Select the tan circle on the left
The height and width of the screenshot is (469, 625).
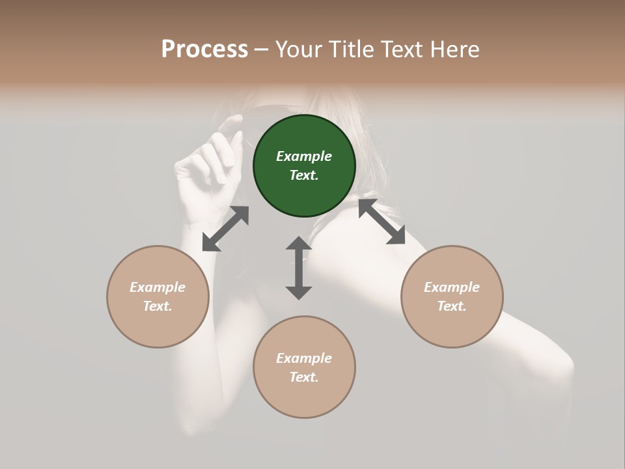158,296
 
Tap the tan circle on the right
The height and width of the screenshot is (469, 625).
452,296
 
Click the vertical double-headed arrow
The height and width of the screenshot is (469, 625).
299,268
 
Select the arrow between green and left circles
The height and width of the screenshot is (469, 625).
225,229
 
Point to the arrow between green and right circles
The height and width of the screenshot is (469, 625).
382,222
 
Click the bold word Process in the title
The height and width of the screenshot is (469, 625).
204,50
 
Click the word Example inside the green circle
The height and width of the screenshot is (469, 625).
304,156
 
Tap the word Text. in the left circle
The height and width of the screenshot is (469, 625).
158,306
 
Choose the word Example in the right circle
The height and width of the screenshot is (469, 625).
452,287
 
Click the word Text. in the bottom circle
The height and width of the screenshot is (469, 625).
304,377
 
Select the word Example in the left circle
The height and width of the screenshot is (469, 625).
158,287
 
